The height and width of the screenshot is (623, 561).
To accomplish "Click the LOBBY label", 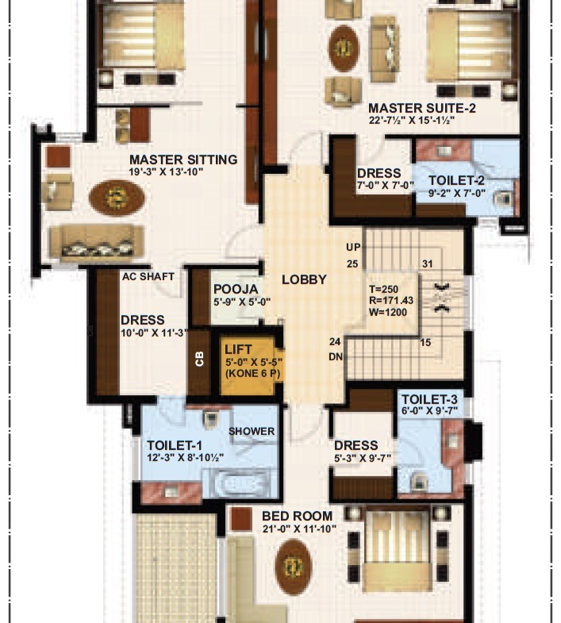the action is [304, 279].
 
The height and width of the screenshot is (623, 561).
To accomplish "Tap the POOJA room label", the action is [236, 289].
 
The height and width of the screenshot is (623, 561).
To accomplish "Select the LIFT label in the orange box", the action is [238, 350].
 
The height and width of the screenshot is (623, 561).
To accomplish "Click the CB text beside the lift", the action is [199, 359].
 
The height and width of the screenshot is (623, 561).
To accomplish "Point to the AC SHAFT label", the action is [148, 276].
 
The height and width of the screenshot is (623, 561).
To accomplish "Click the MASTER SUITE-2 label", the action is [421, 108].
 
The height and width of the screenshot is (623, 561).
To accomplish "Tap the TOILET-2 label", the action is [456, 180].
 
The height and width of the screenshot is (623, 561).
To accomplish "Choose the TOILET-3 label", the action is [429, 399].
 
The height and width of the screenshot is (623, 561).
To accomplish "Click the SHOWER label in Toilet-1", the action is [252, 431].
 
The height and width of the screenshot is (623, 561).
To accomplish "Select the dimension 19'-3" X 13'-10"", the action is [166, 172].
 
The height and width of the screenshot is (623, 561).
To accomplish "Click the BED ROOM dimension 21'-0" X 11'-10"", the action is [299, 529].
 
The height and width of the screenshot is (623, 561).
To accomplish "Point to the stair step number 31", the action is [427, 263].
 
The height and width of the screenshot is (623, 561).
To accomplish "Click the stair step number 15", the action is [425, 343].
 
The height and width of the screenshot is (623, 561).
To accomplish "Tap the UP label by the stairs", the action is [353, 248].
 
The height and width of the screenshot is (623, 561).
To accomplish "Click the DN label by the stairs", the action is [336, 357].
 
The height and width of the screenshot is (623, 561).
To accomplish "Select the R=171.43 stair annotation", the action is [391, 301].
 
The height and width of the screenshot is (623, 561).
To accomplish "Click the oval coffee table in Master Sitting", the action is [117, 198].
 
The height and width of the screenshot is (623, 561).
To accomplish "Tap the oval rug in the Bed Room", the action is [294, 567].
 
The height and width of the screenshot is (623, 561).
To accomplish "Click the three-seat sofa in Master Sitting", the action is [96, 243].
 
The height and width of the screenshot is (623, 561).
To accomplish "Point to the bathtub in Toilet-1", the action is [240, 483].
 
